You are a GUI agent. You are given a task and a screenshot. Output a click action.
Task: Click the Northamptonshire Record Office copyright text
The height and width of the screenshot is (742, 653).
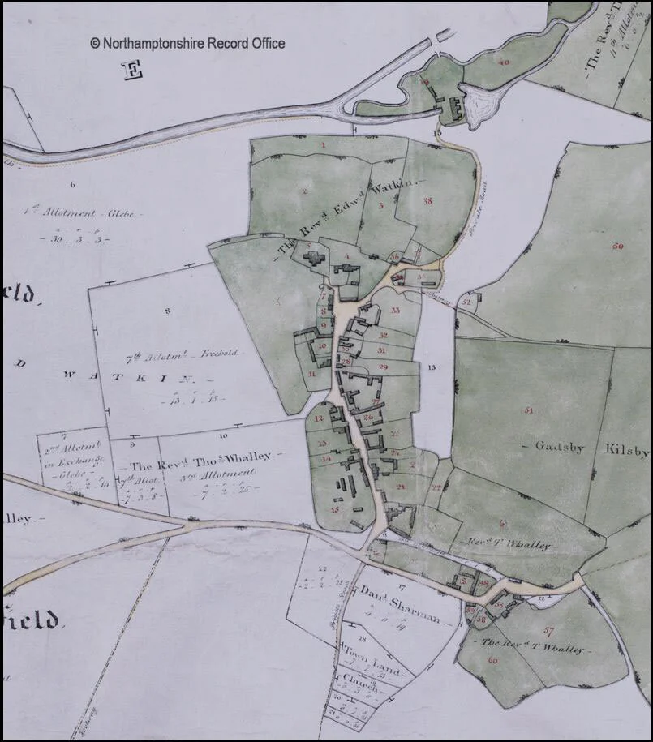coord(187,43)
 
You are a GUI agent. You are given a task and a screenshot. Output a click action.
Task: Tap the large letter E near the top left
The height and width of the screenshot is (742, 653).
coord(132,71)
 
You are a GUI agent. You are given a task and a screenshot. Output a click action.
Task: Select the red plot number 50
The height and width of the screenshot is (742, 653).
coord(619,246)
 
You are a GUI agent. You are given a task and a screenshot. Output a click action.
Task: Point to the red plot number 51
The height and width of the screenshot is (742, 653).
coord(529,410)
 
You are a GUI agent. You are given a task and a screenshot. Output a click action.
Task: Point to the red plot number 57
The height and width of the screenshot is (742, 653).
coord(549,629)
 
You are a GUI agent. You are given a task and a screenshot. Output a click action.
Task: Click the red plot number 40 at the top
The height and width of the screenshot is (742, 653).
coord(504,62)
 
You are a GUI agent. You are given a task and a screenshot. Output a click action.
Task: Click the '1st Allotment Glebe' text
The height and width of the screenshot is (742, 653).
coord(83,214)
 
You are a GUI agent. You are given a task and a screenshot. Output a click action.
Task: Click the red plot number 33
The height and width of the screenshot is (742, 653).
coord(395,311)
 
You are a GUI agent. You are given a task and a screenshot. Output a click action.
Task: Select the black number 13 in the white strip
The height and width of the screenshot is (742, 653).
coord(432,368)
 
